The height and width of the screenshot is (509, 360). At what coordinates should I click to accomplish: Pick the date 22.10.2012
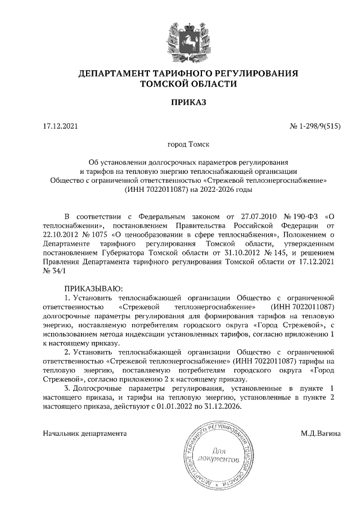[61, 233]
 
